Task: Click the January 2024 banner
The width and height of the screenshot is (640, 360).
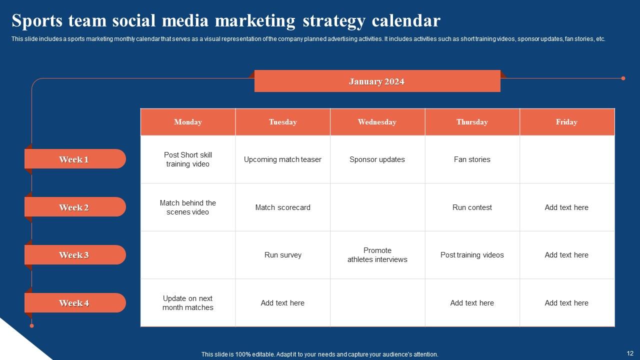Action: click(377, 81)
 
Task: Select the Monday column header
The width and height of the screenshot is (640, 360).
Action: click(188, 122)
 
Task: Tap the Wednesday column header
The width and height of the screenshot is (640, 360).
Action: click(377, 122)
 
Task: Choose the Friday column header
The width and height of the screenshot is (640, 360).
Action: click(566, 122)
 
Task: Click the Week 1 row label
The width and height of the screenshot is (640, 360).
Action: click(74, 159)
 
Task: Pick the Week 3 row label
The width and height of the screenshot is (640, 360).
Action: click(74, 255)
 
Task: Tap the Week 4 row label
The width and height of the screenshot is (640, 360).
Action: click(74, 303)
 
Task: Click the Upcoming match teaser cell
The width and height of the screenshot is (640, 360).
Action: click(282, 159)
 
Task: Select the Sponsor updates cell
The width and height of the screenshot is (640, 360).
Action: click(377, 159)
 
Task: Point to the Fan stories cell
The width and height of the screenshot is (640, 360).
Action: click(472, 159)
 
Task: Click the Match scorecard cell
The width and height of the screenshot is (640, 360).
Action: click(282, 207)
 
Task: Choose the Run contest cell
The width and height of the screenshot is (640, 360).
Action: click(472, 207)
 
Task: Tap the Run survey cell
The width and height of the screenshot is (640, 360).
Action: click(282, 255)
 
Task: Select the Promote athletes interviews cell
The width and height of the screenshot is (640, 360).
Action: click(377, 255)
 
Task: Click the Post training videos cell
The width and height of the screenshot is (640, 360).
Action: click(472, 255)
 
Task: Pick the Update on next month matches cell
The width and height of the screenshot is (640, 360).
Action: click(188, 303)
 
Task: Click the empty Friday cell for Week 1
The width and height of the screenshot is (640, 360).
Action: click(567, 159)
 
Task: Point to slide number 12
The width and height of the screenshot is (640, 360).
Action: click(629, 353)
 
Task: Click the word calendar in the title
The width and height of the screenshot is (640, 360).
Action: click(406, 21)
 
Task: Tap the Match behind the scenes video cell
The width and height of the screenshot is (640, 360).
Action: click(188, 207)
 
